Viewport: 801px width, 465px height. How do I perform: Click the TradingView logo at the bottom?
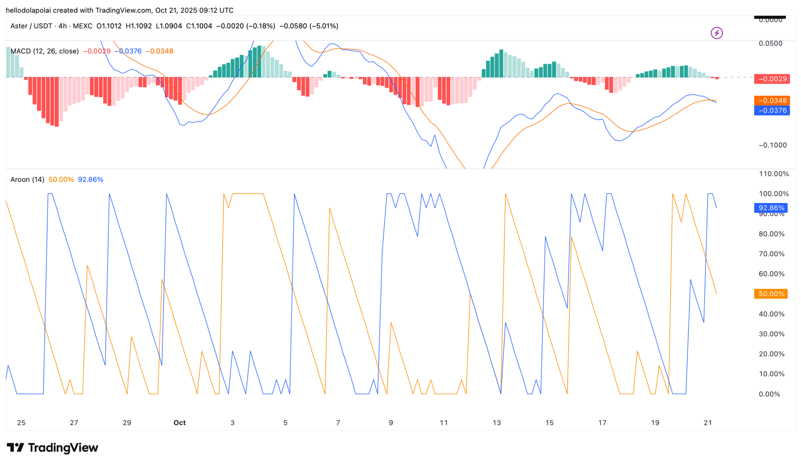click(52, 447)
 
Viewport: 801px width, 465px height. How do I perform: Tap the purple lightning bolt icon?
click(717, 33)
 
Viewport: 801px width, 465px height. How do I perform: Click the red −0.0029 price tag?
click(772, 79)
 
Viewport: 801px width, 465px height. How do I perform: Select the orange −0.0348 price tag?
click(772, 101)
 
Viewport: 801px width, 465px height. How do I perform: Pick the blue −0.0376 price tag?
click(772, 111)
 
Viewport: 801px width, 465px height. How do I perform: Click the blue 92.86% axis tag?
click(771, 208)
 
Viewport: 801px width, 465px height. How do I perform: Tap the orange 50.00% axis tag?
click(771, 294)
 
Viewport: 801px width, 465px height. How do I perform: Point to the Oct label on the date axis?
click(180, 423)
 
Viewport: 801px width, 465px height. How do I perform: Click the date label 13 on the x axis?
click(497, 423)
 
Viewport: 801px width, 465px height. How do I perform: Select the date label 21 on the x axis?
click(708, 423)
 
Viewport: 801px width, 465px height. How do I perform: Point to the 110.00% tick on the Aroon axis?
click(774, 174)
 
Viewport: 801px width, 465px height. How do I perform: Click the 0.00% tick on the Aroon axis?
click(769, 394)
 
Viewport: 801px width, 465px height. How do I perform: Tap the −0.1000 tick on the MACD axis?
click(773, 145)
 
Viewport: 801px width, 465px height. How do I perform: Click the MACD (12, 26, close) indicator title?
click(45, 51)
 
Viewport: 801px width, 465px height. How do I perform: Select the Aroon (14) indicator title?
click(27, 180)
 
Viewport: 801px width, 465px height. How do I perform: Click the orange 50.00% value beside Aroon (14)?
click(61, 180)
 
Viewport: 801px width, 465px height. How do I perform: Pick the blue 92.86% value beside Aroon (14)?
click(90, 180)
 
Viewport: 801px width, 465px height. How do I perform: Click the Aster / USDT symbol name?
click(31, 26)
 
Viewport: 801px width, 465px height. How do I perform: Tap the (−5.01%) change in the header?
click(324, 26)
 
